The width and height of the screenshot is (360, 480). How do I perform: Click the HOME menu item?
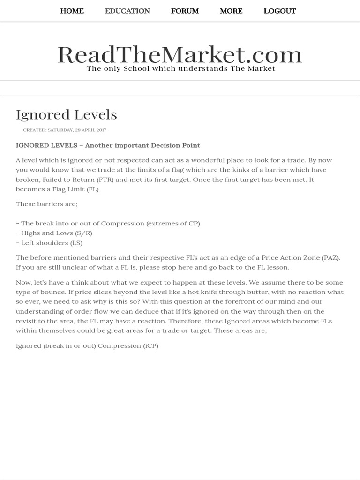pyautogui.click(x=72, y=11)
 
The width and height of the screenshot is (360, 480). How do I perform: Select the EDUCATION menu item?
pyautogui.click(x=127, y=11)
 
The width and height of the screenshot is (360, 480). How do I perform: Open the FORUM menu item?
pyautogui.click(x=185, y=11)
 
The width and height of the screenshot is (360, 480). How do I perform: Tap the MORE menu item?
pyautogui.click(x=231, y=11)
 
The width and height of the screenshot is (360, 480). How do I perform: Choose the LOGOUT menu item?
pyautogui.click(x=279, y=11)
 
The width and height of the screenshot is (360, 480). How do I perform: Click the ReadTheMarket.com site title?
pyautogui.click(x=180, y=55)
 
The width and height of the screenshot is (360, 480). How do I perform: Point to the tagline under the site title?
pyautogui.click(x=180, y=69)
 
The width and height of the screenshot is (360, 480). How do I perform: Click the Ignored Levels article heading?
pyautogui.click(x=67, y=115)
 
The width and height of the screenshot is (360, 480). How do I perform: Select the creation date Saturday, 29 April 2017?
pyautogui.click(x=65, y=130)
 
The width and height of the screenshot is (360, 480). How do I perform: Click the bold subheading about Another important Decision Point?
pyautogui.click(x=108, y=145)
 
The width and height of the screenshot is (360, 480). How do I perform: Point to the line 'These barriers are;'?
pyautogui.click(x=47, y=204)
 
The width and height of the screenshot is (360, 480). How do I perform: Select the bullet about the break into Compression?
pyautogui.click(x=108, y=224)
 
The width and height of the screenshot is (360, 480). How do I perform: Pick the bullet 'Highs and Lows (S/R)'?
pyautogui.click(x=54, y=233)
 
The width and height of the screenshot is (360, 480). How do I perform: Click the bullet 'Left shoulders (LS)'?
pyautogui.click(x=49, y=243)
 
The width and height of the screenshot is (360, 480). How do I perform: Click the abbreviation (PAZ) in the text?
pyautogui.click(x=330, y=258)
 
